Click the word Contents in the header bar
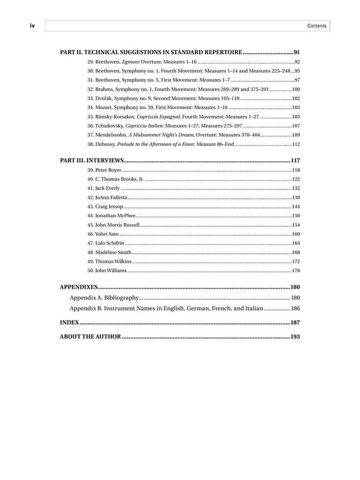tap(317, 26)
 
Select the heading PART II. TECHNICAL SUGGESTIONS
tap(151, 52)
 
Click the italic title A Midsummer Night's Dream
tap(155, 135)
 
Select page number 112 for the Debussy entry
tap(296, 144)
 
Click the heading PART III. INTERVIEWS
tap(92, 160)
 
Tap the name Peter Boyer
tap(108, 170)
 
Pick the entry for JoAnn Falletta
tap(111, 197)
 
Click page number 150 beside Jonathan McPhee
tap(296, 216)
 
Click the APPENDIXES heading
tap(79, 287)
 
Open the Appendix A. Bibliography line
tap(104, 298)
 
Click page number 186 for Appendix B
tap(295, 308)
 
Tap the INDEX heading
tap(69, 322)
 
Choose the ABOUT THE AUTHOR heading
tap(90, 337)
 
